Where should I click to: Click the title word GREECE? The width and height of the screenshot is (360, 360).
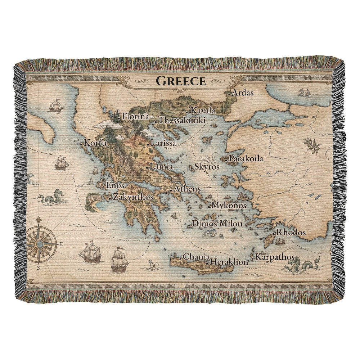point(181,81)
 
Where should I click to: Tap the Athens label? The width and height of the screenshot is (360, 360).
point(187,189)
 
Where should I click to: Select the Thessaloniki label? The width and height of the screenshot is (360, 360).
point(182,121)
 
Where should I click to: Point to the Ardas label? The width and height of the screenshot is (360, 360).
point(243,93)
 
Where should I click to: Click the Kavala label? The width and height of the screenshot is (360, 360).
point(203,111)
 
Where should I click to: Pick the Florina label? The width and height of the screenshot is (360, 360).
point(135,116)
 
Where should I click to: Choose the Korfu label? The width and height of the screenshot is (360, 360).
point(95,143)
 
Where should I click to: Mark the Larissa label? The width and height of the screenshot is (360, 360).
point(163,143)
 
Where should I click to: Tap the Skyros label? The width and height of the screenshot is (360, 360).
point(207,167)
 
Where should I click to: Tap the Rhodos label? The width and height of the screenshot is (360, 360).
point(292,232)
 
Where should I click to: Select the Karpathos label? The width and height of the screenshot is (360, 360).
point(275,257)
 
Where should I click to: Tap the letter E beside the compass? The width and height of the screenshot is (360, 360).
point(61,244)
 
